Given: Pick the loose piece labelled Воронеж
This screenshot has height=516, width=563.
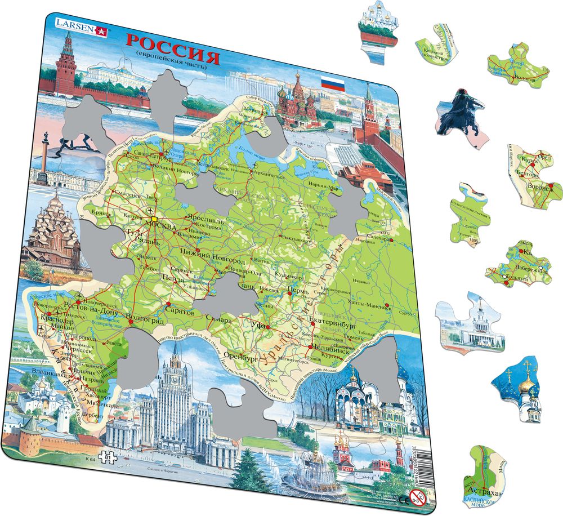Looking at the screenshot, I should point(534,179).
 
